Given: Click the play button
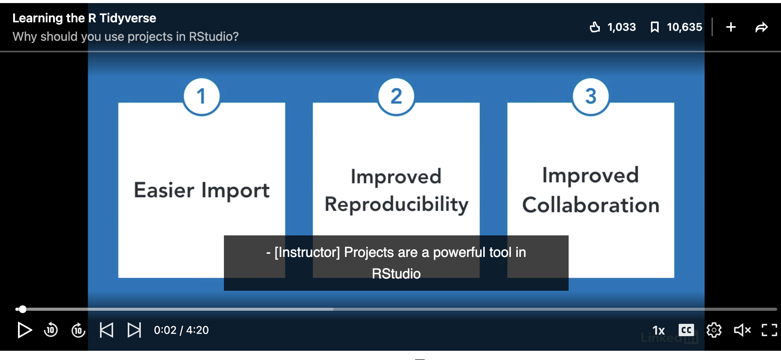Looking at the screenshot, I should tap(25, 330).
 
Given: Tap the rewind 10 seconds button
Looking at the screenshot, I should tap(51, 330).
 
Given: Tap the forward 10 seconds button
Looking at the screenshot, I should tap(78, 330).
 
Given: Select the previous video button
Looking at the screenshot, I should tap(107, 330).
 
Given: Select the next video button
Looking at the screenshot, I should tap(134, 330).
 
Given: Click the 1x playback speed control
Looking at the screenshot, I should tap(659, 330).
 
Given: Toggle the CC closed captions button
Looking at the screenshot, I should tap(686, 330).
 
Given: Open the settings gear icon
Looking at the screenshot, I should tap(714, 330).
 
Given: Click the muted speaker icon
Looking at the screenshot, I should tap(742, 330).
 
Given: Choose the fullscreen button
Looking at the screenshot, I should tap(769, 330).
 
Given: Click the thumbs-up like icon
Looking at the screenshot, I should tap(595, 27).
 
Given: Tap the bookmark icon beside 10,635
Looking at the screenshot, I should tap(654, 27).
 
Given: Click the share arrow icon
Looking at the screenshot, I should tap(761, 27).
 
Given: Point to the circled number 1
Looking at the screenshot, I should tap(202, 96).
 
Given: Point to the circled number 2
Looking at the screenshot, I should tap(396, 96).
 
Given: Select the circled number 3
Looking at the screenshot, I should tap(591, 96).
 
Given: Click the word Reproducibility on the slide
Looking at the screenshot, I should tap(396, 204).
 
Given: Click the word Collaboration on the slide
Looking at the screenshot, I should tap(591, 205).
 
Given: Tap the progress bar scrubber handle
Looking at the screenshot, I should tap(23, 309).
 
